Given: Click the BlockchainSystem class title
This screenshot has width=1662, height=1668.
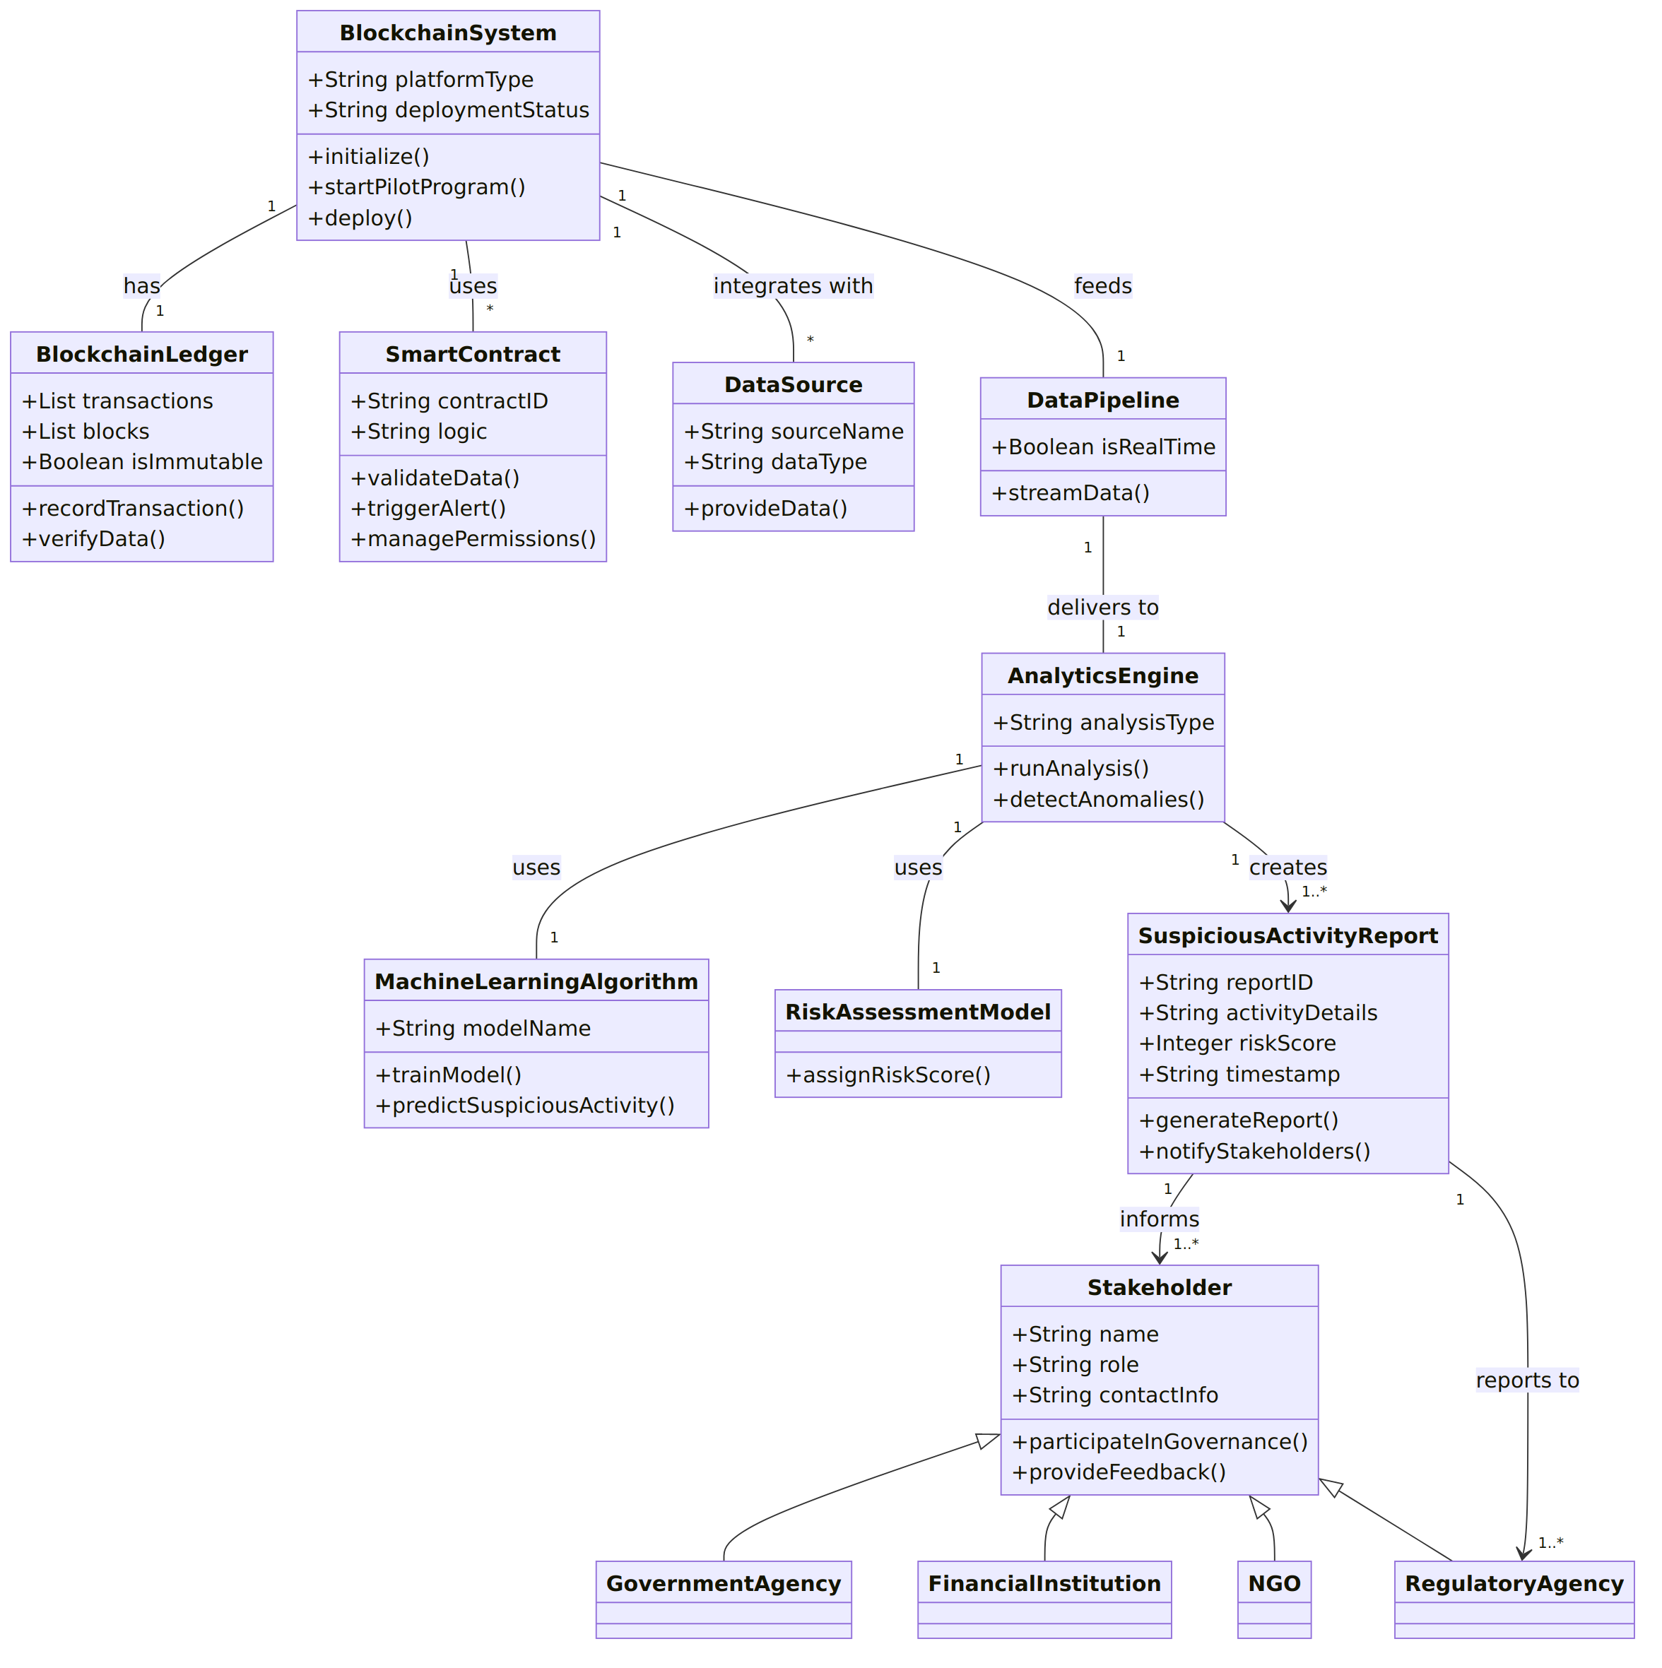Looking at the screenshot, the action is point(447,32).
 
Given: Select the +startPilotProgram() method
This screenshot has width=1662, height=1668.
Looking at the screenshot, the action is point(416,187).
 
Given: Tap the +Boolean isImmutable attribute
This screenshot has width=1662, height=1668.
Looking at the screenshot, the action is point(141,462).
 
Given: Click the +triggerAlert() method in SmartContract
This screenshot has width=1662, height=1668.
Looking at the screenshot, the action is point(428,509).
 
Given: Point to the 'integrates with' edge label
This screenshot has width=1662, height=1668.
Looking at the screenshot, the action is point(793,285).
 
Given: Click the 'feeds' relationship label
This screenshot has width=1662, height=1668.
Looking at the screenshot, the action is point(1102,285).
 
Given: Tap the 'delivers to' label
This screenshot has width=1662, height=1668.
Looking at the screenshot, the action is point(1102,607).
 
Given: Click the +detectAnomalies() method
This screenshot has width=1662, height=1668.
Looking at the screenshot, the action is point(1098,800).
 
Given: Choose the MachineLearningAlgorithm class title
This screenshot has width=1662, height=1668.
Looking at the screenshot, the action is point(536,981).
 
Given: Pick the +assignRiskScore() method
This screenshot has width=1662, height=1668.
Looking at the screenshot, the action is point(888,1075).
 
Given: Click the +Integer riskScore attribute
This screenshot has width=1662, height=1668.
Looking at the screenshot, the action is point(1237,1043).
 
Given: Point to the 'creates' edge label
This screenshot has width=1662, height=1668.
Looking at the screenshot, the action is point(1287,867).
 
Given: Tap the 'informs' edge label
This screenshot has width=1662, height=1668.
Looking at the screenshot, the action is point(1159,1219).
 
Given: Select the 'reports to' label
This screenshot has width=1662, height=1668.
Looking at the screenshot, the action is point(1526,1380).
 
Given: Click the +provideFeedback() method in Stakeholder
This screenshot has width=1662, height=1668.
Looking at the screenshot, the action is point(1118,1472).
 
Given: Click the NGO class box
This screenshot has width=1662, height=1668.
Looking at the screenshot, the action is point(1273,1599).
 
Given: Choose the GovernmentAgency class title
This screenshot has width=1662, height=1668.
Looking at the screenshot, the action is point(724,1583).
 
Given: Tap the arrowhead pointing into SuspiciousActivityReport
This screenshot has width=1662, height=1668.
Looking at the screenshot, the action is point(1287,906).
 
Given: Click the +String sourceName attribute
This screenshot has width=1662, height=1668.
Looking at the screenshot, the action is point(794,431).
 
